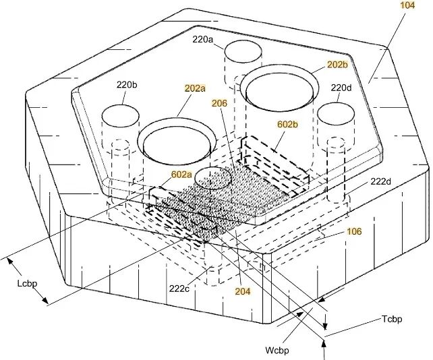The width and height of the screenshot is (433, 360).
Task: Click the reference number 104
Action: (407, 5)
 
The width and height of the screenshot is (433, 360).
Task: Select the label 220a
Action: (202, 40)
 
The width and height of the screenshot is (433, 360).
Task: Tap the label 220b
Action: (127, 85)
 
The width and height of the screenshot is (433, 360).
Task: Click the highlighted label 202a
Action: (195, 88)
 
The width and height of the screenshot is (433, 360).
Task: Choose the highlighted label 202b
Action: (337, 65)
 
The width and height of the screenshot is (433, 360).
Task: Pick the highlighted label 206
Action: (219, 103)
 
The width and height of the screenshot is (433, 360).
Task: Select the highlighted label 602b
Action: (287, 124)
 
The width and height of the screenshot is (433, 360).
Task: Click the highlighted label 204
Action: (243, 291)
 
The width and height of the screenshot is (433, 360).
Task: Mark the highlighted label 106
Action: (353, 231)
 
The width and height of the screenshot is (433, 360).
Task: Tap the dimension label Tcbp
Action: (391, 319)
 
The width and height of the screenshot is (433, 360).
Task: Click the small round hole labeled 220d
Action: (335, 113)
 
